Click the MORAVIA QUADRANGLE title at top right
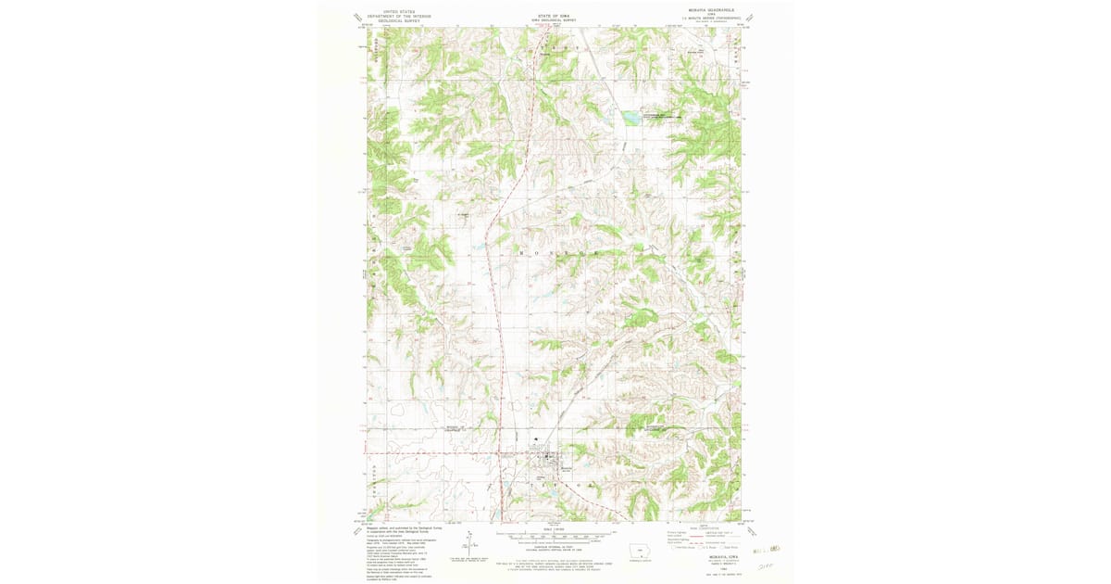(710, 13)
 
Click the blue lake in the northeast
(630, 118)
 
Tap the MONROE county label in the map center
(555, 252)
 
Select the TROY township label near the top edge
(555, 45)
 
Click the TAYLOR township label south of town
(553, 485)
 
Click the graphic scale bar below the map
(555, 536)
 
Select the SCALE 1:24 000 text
(555, 529)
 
